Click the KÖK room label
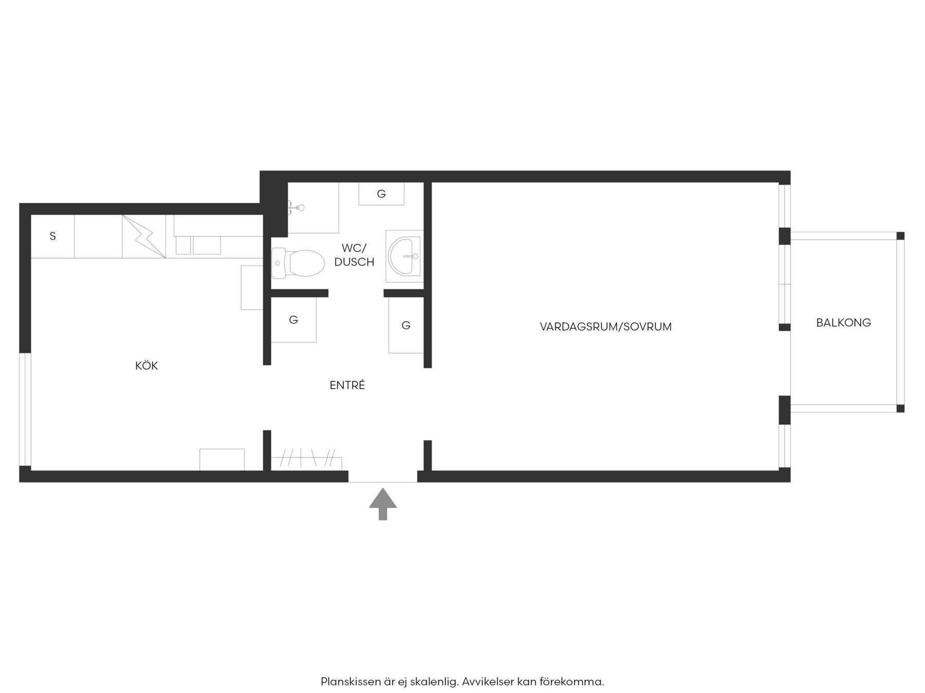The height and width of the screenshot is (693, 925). (146, 365)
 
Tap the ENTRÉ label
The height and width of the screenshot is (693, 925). (347, 385)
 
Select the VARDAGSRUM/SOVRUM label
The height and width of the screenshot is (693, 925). (606, 326)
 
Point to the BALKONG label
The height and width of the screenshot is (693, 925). (843, 322)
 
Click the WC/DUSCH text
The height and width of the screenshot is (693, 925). (354, 255)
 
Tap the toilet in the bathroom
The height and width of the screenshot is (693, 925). (298, 263)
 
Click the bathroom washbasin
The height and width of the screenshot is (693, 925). (404, 256)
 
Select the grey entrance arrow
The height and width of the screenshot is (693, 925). (383, 504)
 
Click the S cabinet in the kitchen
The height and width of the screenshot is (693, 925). (52, 236)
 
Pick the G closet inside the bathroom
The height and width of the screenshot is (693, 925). (381, 194)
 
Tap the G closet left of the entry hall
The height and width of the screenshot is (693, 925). (293, 320)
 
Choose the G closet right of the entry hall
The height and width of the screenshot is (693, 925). (406, 325)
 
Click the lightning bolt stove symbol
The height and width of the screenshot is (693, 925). (144, 236)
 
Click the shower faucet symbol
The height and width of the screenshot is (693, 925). (297, 207)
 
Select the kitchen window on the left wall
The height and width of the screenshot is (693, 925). (25, 409)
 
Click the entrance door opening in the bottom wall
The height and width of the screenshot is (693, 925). (383, 476)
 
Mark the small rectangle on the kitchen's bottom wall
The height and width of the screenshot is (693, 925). (222, 459)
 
